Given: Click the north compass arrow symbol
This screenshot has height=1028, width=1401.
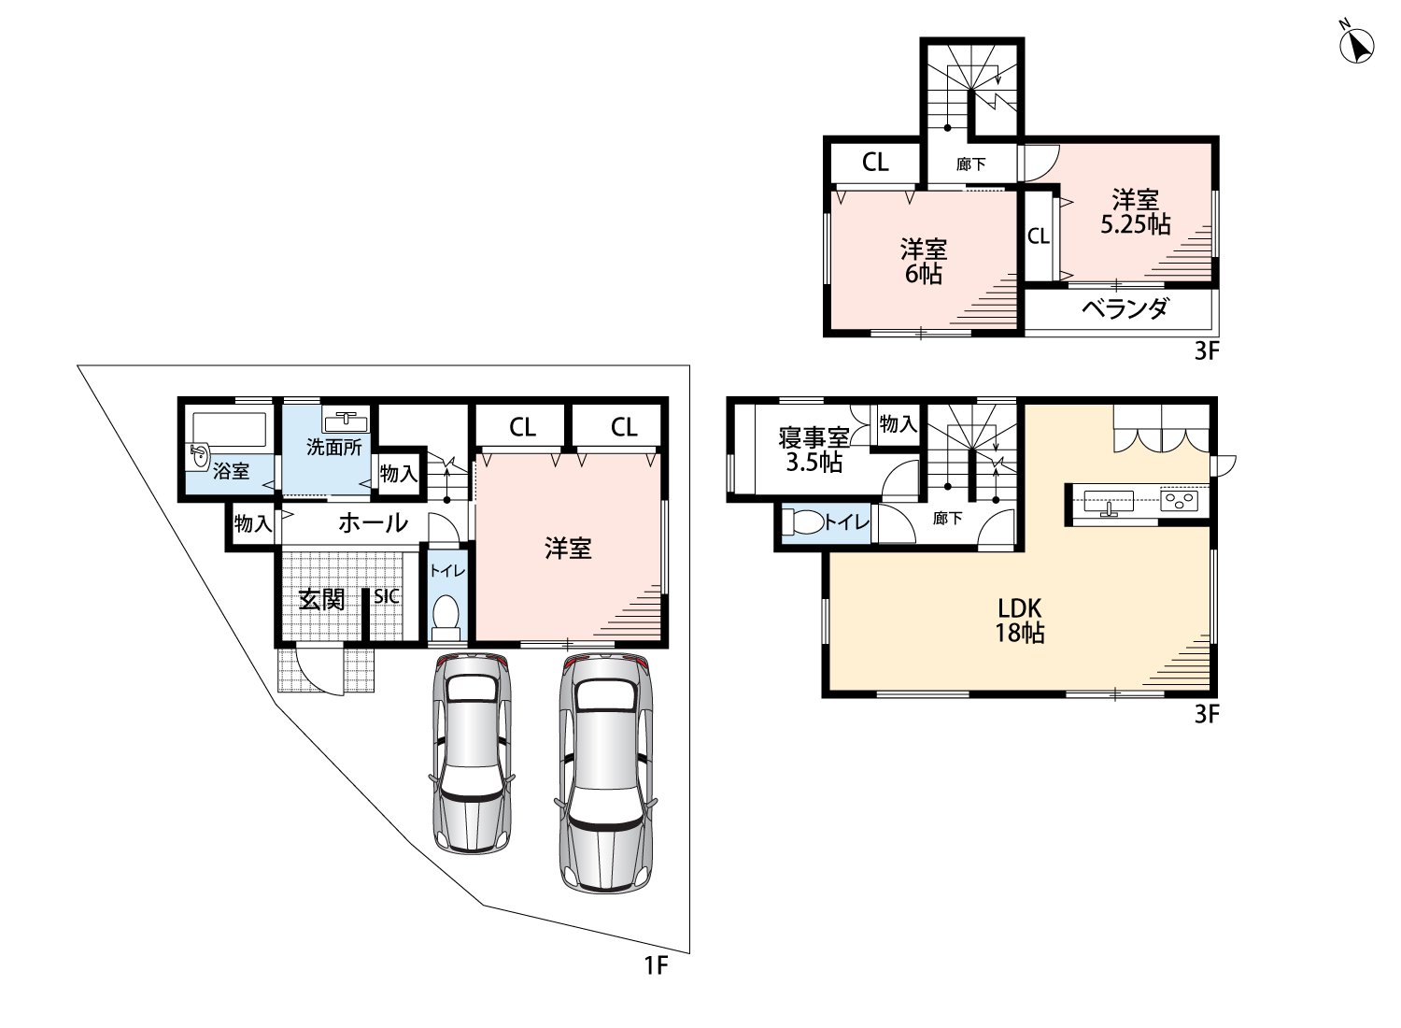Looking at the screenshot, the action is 1356,47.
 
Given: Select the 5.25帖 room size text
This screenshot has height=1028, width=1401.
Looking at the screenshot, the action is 1135,224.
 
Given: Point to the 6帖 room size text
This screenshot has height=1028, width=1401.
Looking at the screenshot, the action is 923,274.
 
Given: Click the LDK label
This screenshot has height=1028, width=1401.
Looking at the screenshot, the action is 1020,608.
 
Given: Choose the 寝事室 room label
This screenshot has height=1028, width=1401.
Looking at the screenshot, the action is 814,438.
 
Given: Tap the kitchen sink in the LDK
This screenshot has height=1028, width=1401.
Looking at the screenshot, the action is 1109,502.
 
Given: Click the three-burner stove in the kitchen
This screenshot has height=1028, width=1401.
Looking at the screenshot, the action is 1180,501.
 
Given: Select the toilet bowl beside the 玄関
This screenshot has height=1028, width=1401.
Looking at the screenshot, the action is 446,616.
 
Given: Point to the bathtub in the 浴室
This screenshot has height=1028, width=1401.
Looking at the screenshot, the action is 230,429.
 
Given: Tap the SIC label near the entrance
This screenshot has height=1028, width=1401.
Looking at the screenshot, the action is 387,596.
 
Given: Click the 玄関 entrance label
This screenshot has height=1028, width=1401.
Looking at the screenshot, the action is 322,599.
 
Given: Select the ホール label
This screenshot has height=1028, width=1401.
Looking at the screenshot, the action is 374,522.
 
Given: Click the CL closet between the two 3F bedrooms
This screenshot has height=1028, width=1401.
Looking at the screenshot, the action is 1039,236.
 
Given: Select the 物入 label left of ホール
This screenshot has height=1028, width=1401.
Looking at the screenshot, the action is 253,523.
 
